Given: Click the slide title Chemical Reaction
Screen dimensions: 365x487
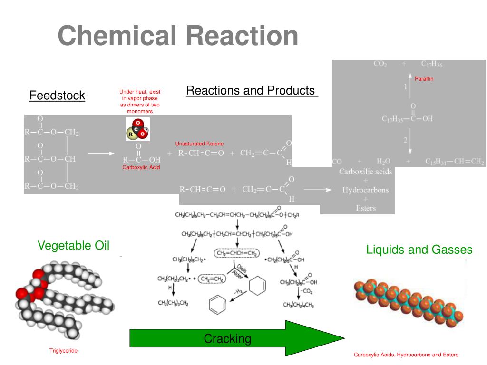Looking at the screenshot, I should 178,36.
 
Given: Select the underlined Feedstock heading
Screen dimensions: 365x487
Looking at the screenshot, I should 57,96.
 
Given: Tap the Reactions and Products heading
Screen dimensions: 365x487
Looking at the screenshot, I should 252,90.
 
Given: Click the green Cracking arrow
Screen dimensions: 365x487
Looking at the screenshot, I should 237,338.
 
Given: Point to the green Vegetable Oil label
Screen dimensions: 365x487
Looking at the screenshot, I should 74,246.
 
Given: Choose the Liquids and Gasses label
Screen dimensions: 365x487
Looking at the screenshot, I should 419,250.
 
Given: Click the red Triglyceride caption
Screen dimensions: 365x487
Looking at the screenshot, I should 63,351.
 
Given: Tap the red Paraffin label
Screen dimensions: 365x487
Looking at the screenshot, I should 424,79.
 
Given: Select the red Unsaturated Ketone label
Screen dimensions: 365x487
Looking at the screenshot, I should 199,144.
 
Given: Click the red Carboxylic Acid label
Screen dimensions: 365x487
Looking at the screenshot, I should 141,167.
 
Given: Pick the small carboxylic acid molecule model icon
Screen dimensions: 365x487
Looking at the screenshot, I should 137,129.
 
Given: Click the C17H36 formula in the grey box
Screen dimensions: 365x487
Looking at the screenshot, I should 431,64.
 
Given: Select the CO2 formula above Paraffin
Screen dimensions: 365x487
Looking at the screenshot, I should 380,64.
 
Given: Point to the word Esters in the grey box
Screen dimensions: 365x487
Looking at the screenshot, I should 365,208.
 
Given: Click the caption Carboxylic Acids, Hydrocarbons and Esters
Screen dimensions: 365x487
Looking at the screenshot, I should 406,355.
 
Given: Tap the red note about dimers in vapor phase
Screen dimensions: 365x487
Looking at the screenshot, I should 140,101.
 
